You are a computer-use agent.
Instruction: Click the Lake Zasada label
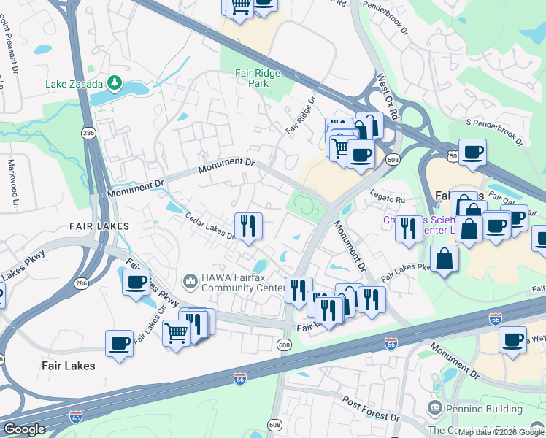[74, 84]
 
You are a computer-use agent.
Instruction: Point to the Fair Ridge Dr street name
[300, 115]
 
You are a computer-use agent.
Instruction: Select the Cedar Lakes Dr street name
[209, 226]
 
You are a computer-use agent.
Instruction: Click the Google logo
[24, 429]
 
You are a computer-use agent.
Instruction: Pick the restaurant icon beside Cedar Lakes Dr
[248, 226]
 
